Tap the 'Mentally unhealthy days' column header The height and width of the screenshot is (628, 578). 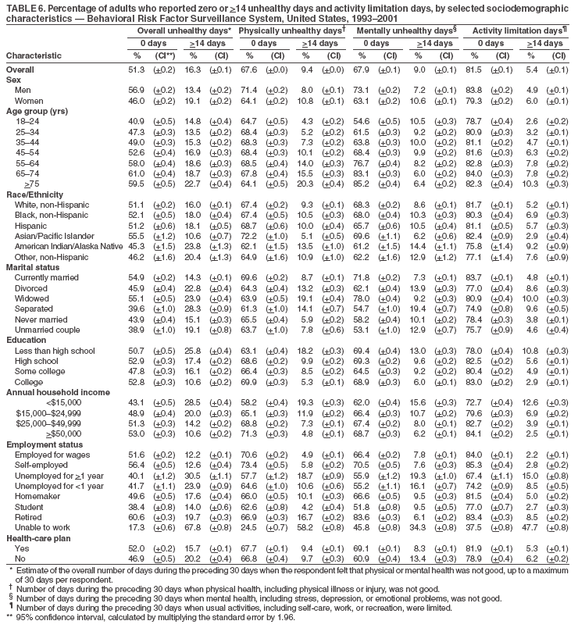(404, 30)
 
